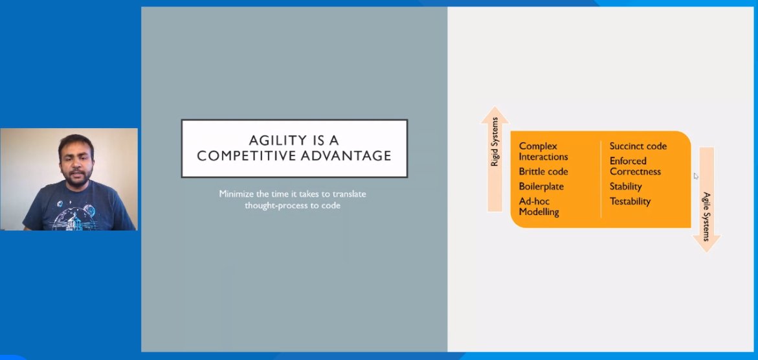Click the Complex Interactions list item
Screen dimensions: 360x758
[x=543, y=152]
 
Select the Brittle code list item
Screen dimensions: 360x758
[x=543, y=172]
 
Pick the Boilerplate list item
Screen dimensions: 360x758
[x=541, y=186]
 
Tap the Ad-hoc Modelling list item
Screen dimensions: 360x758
[x=539, y=207]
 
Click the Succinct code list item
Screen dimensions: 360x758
[x=638, y=146]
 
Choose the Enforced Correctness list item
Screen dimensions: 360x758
[x=635, y=166]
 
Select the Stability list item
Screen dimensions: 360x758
[x=625, y=186]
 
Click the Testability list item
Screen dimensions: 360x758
[x=630, y=201]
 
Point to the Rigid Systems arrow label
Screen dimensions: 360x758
[x=495, y=142]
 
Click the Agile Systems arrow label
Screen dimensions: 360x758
[x=707, y=216]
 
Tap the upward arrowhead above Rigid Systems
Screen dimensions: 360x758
[x=495, y=115]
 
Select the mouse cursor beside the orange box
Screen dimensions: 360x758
[x=696, y=175]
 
